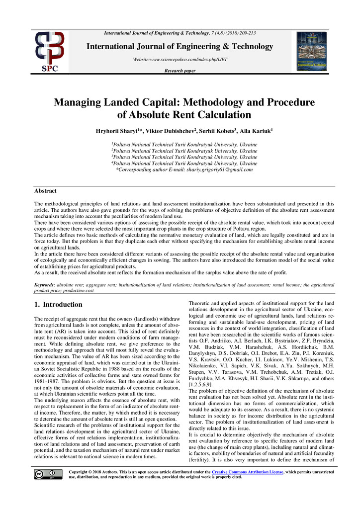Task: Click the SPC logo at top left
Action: click(49, 51)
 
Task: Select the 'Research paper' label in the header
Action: click(180, 71)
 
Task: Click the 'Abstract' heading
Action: click(45, 191)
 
